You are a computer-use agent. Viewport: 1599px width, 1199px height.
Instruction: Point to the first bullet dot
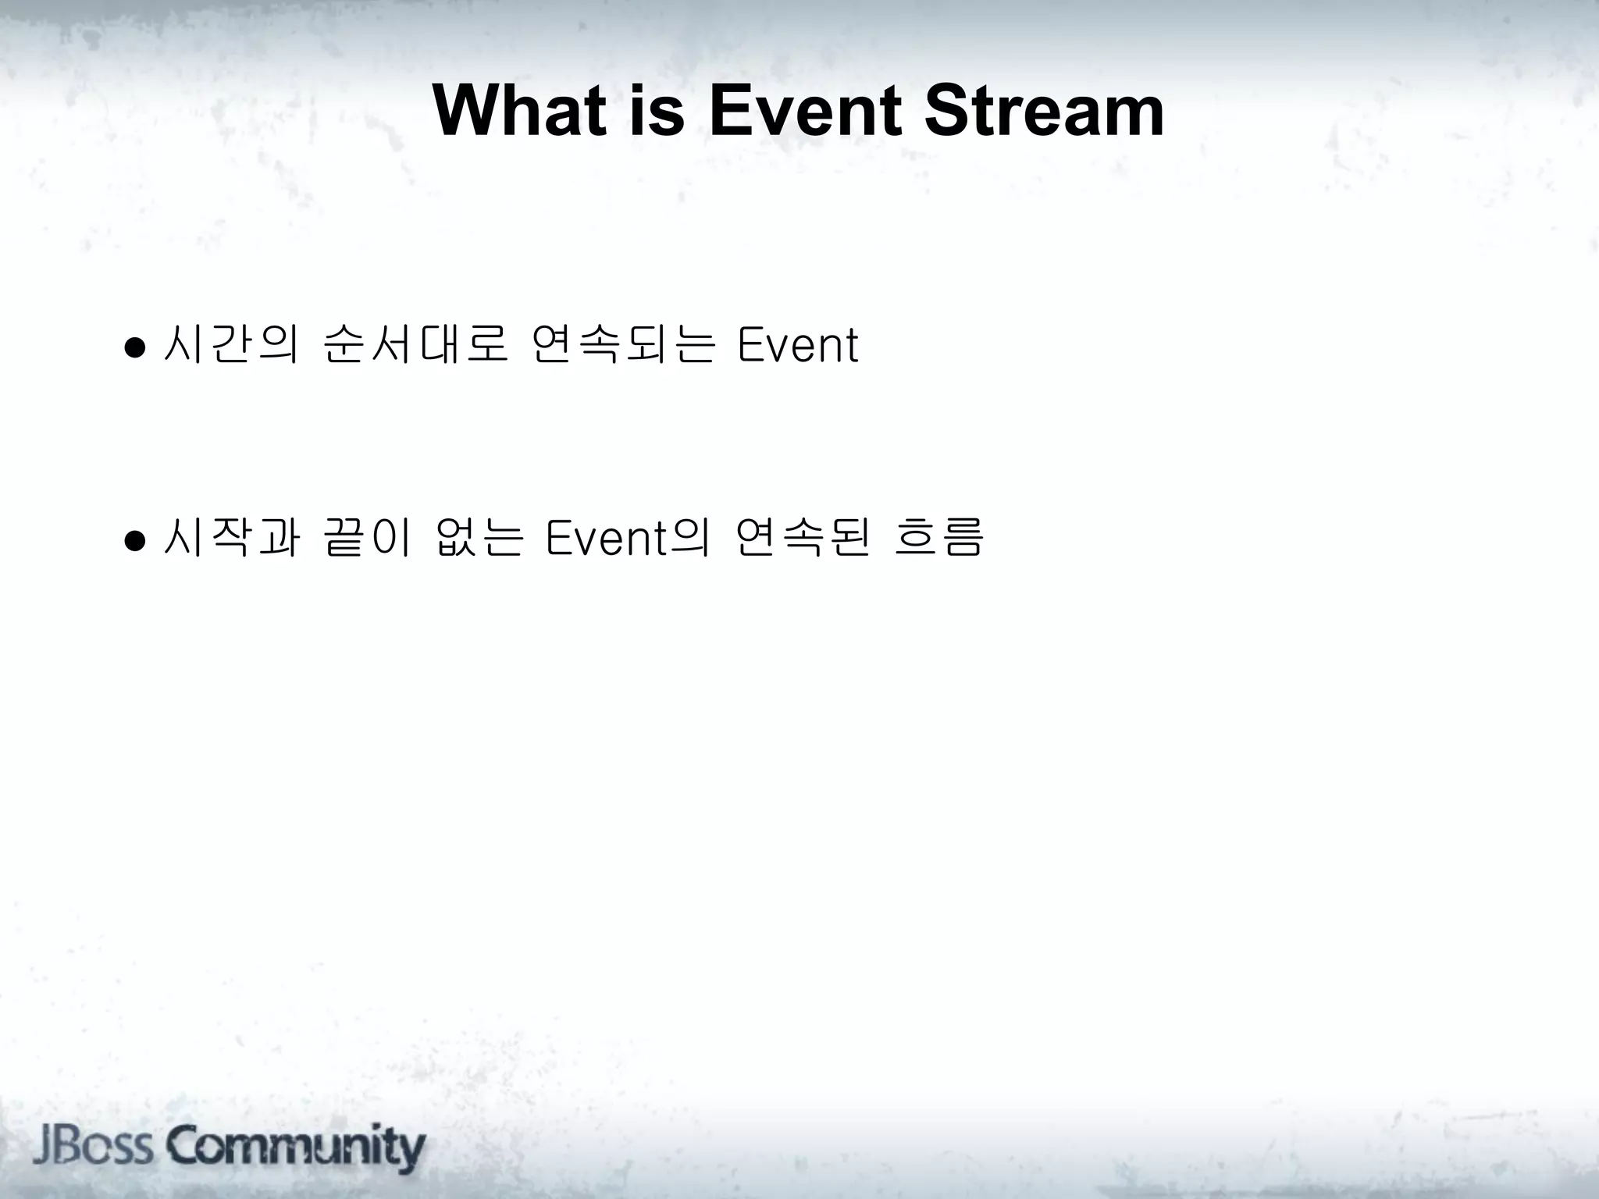click(135, 347)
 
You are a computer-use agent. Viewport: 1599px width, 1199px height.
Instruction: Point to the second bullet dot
click(135, 540)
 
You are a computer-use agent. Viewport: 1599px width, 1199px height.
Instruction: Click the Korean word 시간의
click(231, 345)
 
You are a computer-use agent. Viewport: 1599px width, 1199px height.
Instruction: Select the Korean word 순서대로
click(415, 345)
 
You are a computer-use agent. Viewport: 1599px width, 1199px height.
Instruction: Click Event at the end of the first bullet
click(797, 345)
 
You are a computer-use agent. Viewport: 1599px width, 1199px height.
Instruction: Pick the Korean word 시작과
click(231, 539)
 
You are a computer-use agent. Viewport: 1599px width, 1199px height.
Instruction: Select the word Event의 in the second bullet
click(628, 539)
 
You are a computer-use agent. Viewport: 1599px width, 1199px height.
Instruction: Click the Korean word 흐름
click(938, 539)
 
